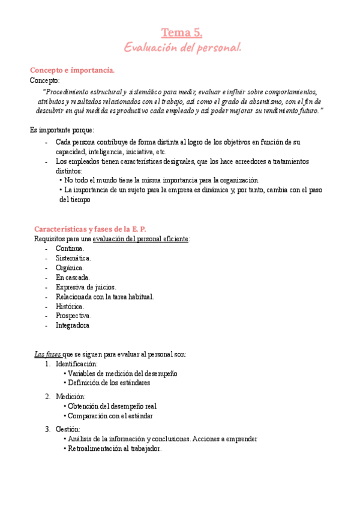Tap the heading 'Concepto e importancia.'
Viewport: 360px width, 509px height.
pyautogui.click(x=72, y=71)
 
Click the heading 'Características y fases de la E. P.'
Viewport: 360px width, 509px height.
pyautogui.click(x=89, y=229)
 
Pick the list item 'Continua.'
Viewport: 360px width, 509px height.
pyautogui.click(x=70, y=248)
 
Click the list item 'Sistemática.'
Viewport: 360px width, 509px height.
pyautogui.click(x=73, y=258)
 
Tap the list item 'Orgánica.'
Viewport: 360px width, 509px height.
pyautogui.click(x=70, y=268)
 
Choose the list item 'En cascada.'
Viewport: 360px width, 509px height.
pyautogui.click(x=73, y=277)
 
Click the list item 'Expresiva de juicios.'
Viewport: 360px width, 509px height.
pyautogui.click(x=86, y=287)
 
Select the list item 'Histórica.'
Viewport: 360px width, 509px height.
pyautogui.click(x=70, y=306)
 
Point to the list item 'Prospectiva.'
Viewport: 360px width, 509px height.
pyautogui.click(x=74, y=316)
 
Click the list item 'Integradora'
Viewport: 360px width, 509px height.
pyautogui.click(x=73, y=325)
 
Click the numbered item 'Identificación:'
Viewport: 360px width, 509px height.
pyautogui.click(x=77, y=364)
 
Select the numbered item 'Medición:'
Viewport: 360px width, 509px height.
pyautogui.click(x=71, y=397)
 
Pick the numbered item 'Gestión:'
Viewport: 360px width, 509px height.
pyautogui.click(x=68, y=429)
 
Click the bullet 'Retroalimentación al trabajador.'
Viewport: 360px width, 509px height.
pyautogui.click(x=115, y=448)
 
